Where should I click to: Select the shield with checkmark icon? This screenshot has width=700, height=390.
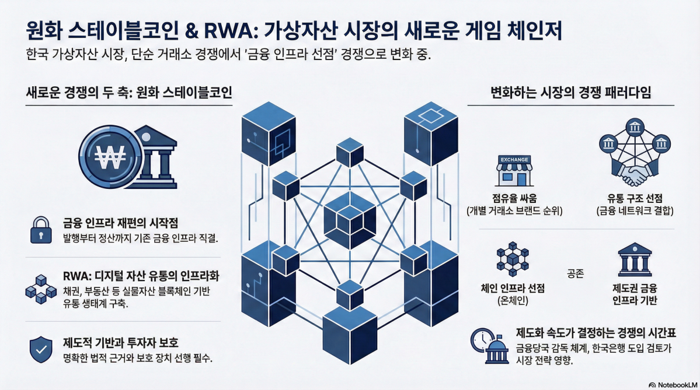[x=39, y=349]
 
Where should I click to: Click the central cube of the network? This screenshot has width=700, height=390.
[x=350, y=217]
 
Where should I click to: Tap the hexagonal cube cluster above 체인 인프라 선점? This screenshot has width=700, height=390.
[x=511, y=261]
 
